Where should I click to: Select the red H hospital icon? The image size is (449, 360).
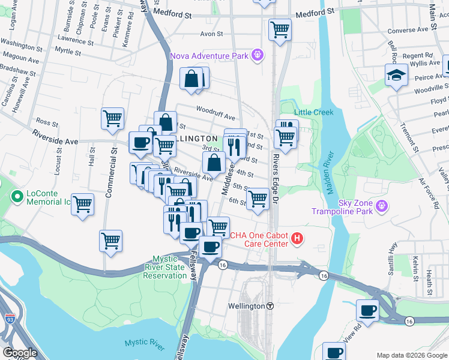[297, 239]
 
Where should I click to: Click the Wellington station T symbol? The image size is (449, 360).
[270, 305]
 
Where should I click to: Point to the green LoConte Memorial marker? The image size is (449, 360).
[17, 196]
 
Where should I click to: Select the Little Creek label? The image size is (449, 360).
[314, 112]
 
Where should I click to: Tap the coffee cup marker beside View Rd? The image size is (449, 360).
[367, 311]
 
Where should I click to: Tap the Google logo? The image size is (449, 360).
[20, 353]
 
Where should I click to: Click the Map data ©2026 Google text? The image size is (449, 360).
[411, 355]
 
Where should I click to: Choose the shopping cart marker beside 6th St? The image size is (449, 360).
[258, 199]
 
